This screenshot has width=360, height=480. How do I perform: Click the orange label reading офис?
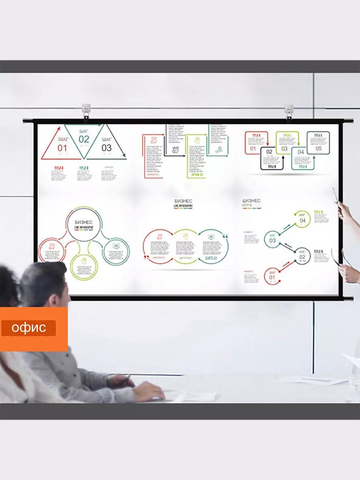[28, 328]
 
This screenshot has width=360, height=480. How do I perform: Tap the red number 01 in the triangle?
[62, 148]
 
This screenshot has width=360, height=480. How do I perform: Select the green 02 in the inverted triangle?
[84, 139]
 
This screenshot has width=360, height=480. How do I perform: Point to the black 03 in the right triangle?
[106, 148]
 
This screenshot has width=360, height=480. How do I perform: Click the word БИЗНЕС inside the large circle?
[84, 222]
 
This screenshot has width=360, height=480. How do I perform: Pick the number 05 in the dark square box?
[318, 148]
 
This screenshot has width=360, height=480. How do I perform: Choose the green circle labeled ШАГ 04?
[302, 219]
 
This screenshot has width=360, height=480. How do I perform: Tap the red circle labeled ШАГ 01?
[272, 276]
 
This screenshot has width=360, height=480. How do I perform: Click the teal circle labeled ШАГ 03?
[272, 239]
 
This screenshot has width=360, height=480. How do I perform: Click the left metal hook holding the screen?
[86, 112]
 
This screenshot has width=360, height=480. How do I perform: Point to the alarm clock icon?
[175, 150]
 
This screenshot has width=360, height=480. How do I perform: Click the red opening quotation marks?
[146, 257]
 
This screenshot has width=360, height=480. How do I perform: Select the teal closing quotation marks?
[224, 237]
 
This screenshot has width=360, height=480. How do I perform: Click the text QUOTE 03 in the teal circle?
[211, 258]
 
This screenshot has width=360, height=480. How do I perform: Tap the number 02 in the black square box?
[269, 152]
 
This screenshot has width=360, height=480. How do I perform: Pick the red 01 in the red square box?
[253, 149]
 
